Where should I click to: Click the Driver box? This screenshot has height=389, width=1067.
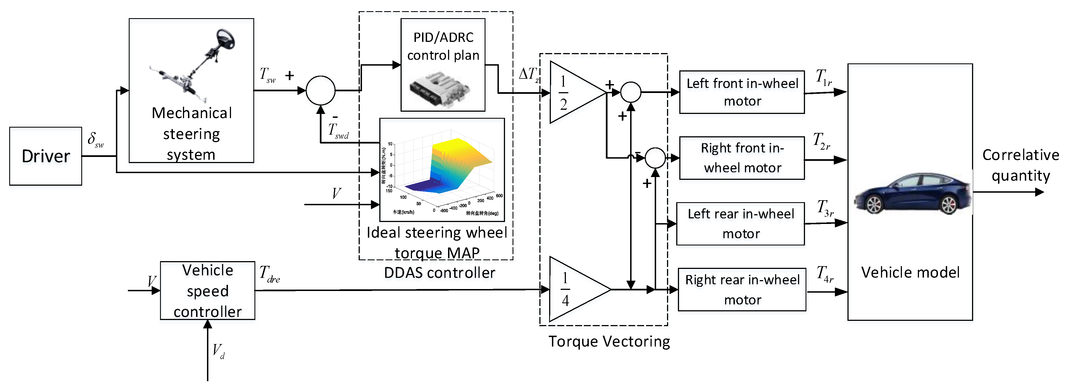[46, 156]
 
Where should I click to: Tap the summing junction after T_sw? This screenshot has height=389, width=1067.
[320, 90]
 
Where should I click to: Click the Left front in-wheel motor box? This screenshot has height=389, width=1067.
[742, 92]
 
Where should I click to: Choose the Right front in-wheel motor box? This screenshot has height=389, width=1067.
[742, 158]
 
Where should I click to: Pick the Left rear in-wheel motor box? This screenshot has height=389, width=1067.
[740, 224]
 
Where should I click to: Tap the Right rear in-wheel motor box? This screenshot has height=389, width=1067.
[742, 290]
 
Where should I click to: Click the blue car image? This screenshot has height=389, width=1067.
[913, 194]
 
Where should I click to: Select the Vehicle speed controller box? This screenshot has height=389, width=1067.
[208, 290]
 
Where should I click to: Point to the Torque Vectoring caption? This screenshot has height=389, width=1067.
[609, 341]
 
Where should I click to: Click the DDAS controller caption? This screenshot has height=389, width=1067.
[439, 273]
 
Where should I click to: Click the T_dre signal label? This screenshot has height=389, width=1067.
[270, 274]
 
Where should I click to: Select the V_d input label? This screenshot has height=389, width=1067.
[218, 351]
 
